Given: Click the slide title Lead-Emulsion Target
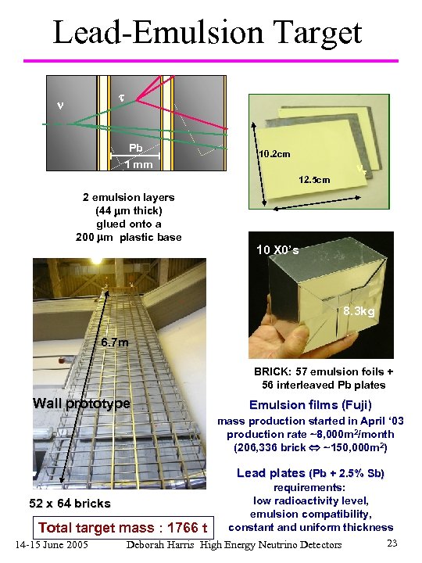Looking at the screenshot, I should click(207, 32).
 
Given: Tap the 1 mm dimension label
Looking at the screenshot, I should click(138, 164).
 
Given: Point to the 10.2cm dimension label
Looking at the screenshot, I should click(275, 153).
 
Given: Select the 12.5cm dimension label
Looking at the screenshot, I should click(314, 180).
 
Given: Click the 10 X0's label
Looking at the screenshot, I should click(277, 249).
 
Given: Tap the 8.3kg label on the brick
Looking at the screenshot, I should click(359, 312).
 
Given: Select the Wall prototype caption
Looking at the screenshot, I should click(81, 403).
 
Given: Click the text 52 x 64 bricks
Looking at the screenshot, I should click(70, 503).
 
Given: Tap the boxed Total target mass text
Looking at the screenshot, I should click(123, 527).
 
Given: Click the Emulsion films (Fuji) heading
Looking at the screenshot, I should click(310, 404).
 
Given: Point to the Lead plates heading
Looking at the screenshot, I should click(270, 472).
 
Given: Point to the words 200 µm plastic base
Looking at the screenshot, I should click(129, 237).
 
